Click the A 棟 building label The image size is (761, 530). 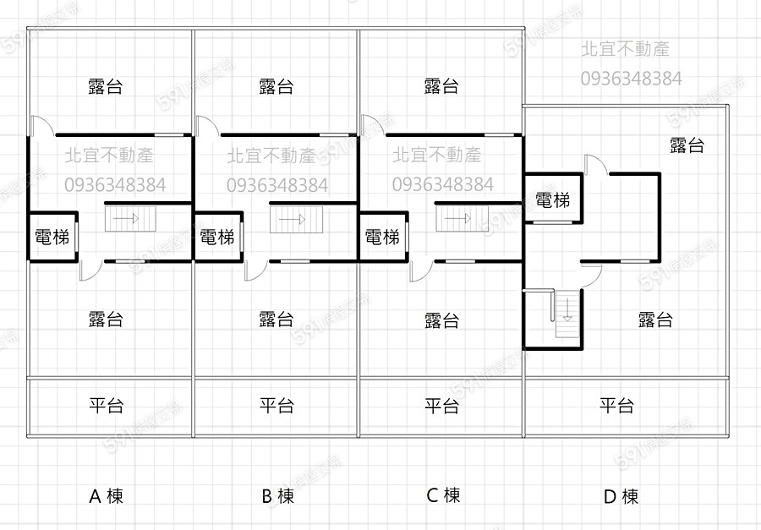coord(107,496)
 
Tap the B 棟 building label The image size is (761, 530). coord(277,496)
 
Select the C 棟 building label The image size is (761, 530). coord(443,495)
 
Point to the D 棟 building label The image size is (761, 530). coord(621,496)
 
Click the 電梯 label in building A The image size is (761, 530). coord(52,238)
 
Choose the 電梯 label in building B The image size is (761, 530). coord(217,238)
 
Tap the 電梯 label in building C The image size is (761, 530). coord(382,238)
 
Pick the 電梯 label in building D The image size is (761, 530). coord(552,200)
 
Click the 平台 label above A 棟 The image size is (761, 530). coord(107,406)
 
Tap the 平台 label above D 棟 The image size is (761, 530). coord(616,406)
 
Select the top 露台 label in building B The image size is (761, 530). coord(276,86)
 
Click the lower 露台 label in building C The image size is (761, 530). coord(441,320)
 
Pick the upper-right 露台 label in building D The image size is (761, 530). coord(687,145)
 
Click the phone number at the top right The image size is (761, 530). coord(631,79)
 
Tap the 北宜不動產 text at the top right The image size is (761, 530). coord(625,50)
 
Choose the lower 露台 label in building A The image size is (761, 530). coord(107,320)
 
